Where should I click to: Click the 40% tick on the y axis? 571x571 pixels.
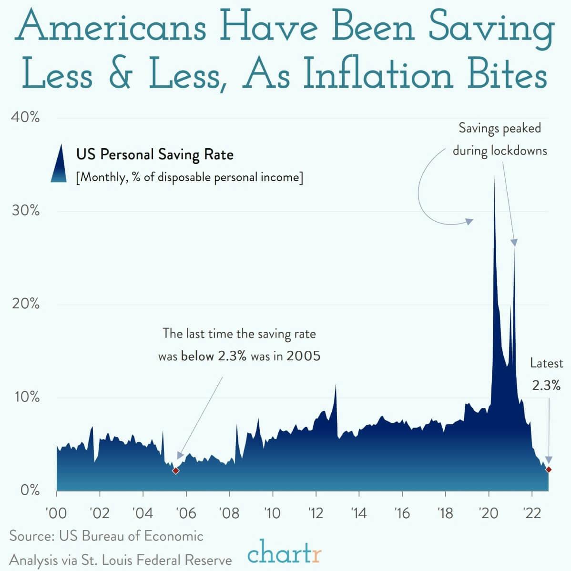tap(25, 117)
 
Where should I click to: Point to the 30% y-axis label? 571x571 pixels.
tap(25, 211)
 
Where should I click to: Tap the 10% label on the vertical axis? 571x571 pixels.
tap(25, 397)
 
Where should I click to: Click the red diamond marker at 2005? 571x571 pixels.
tap(175, 470)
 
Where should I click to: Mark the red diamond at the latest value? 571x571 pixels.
tap(549, 469)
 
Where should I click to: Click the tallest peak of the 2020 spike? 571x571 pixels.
tap(494, 177)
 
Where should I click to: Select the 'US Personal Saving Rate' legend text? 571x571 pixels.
tap(155, 154)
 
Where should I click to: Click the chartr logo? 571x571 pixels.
tap(285, 554)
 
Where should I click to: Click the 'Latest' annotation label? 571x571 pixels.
tap(547, 363)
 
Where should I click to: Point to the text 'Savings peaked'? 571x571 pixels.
tap(500, 128)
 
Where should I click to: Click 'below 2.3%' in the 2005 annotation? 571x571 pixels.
tap(214, 356)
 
